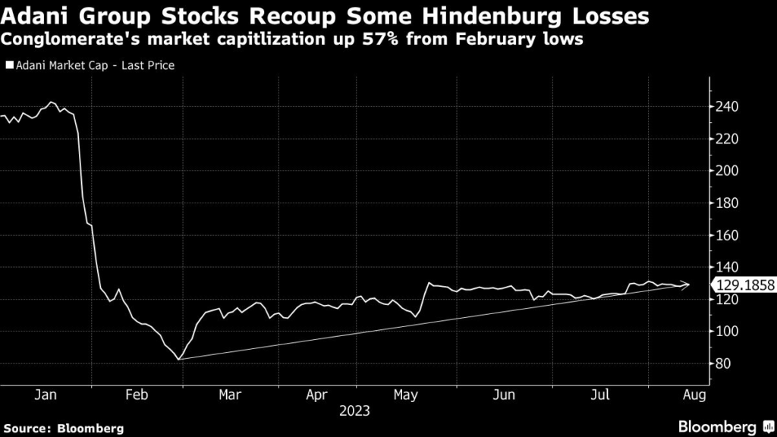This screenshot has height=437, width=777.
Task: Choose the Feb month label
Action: pyautogui.click(x=137, y=395)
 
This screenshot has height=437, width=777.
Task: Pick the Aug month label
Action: pyautogui.click(x=695, y=395)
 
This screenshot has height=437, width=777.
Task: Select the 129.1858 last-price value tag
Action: pyautogui.click(x=743, y=285)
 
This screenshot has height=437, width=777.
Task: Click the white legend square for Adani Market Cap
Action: pyautogui.click(x=9, y=66)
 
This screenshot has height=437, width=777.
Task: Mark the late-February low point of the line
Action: pyautogui.click(x=179, y=360)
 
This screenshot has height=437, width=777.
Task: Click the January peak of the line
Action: pyautogui.click(x=51, y=102)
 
